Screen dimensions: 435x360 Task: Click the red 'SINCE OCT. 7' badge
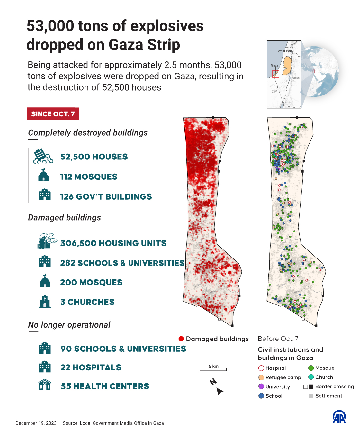click(53, 114)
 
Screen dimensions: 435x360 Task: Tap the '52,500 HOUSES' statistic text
click(94, 157)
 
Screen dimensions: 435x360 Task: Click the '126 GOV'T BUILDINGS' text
click(106, 197)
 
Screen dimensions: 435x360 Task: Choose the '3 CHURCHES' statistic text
click(87, 302)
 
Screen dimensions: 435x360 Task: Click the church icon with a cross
click(45, 302)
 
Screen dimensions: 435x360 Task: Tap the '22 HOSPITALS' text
click(91, 367)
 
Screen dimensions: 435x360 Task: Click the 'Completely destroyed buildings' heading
click(88, 133)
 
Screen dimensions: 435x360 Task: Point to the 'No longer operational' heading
click(69, 325)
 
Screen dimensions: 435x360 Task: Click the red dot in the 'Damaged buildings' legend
click(181, 339)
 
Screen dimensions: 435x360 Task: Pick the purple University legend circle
click(261, 386)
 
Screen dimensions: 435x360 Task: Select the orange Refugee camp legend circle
click(261, 377)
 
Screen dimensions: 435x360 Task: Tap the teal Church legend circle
click(311, 377)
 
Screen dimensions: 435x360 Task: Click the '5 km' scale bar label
click(213, 366)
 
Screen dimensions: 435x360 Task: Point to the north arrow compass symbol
click(217, 387)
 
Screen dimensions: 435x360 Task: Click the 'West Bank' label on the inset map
click(285, 51)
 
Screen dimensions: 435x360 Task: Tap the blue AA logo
click(339, 417)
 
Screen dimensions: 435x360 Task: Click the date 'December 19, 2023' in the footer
click(36, 423)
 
